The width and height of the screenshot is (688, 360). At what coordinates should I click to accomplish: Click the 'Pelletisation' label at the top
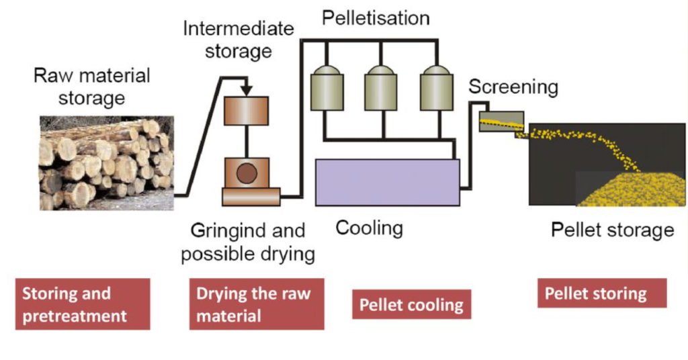375,18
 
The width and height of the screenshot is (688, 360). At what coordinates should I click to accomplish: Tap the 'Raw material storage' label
92,86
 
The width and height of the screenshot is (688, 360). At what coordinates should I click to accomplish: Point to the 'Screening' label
513,87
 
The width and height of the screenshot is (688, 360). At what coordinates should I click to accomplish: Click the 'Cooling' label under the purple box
369,228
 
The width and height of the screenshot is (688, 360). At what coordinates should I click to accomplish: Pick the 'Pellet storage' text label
612,230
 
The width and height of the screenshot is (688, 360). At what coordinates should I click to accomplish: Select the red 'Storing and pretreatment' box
82,304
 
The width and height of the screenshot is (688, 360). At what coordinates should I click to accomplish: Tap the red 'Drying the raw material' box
256,304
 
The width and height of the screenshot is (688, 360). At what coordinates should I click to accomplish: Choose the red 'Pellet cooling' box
411,305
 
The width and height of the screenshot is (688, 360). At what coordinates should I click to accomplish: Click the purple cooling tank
387,182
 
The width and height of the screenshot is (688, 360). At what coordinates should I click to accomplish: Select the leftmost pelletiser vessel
327,87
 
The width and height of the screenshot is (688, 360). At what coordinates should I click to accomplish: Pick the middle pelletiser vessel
382,87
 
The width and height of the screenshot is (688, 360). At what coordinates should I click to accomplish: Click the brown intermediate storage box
246,111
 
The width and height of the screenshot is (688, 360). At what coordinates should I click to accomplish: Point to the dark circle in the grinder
246,174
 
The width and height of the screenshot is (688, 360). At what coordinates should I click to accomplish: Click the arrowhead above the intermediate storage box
247,89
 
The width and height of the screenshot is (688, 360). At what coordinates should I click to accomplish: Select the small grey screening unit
501,122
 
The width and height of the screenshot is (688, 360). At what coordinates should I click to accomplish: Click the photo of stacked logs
106,163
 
